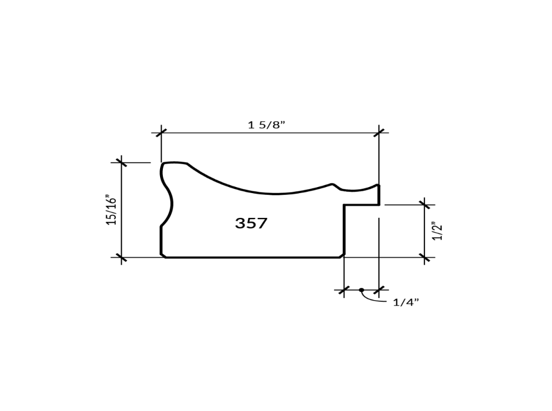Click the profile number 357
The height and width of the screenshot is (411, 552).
coord(251,223)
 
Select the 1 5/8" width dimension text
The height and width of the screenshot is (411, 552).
coord(266,125)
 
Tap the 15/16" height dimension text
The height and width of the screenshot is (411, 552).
coord(112,210)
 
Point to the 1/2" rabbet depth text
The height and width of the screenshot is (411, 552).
coord(438,231)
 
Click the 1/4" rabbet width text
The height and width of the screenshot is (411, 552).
coord(406,302)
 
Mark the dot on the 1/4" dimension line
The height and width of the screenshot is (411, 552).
coord(362,290)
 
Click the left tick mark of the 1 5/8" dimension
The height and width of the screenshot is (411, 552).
coord(161,132)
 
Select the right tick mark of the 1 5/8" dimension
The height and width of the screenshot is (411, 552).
coord(379,132)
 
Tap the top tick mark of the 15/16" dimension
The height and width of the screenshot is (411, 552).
coord(121,163)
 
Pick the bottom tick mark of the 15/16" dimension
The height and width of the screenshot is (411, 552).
coord(121,257)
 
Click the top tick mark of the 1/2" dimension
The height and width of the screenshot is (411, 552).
coord(424,205)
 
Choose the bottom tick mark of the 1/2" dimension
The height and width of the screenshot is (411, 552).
coord(424,257)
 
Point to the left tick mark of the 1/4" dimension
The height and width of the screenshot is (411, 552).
coord(344,290)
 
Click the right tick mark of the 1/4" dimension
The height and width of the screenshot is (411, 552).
coord(379,290)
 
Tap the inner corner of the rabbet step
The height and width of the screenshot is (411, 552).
coord(344,205)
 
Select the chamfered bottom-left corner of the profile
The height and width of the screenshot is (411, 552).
coord(163,255)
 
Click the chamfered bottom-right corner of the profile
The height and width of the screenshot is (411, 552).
coord(342,255)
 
